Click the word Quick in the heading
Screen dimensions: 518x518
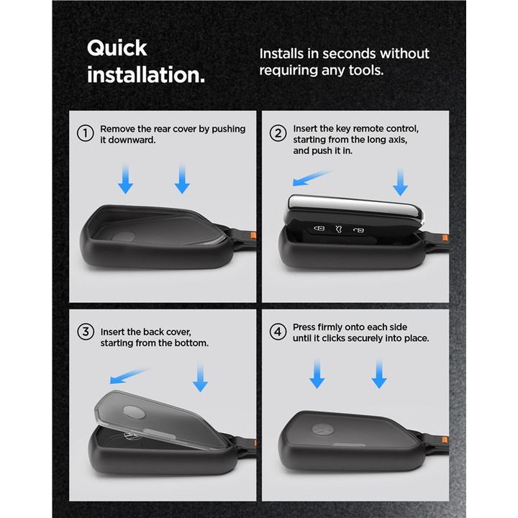pyautogui.click(x=117, y=49)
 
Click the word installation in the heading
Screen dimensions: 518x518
pyautogui.click(x=145, y=75)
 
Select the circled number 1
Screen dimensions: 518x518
pyautogui.click(x=85, y=134)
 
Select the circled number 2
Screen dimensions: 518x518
pyautogui.click(x=278, y=134)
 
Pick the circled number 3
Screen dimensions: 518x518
pyautogui.click(x=86, y=332)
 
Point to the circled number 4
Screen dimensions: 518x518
pyautogui.click(x=278, y=332)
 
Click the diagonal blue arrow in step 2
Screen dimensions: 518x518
pyautogui.click(x=312, y=178)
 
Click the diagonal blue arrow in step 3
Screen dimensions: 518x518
pyautogui.click(x=129, y=376)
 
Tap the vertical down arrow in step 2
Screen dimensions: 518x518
pyautogui.click(x=401, y=181)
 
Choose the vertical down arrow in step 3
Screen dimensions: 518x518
pyautogui.click(x=200, y=377)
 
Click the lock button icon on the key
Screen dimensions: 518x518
pyautogui.click(x=319, y=228)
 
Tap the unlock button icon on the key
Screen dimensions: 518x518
pyautogui.click(x=358, y=230)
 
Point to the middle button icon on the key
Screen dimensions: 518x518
pyautogui.click(x=339, y=229)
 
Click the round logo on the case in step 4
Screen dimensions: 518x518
pyautogui.click(x=322, y=430)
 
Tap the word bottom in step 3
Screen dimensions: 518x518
pyautogui.click(x=191, y=343)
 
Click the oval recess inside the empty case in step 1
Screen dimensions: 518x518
pyautogui.click(x=124, y=237)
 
